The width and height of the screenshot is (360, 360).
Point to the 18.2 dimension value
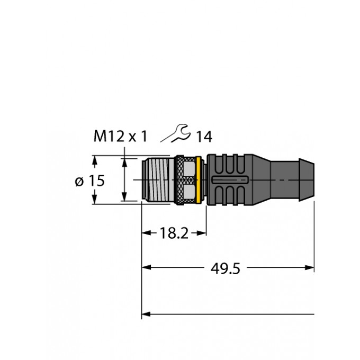pos(174,233)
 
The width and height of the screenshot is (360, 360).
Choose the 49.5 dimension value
pos(226,269)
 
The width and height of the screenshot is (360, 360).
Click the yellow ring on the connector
pos(199,179)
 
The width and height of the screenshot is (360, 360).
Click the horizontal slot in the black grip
pos(229,181)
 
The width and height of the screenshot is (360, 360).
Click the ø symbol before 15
pos(79,181)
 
